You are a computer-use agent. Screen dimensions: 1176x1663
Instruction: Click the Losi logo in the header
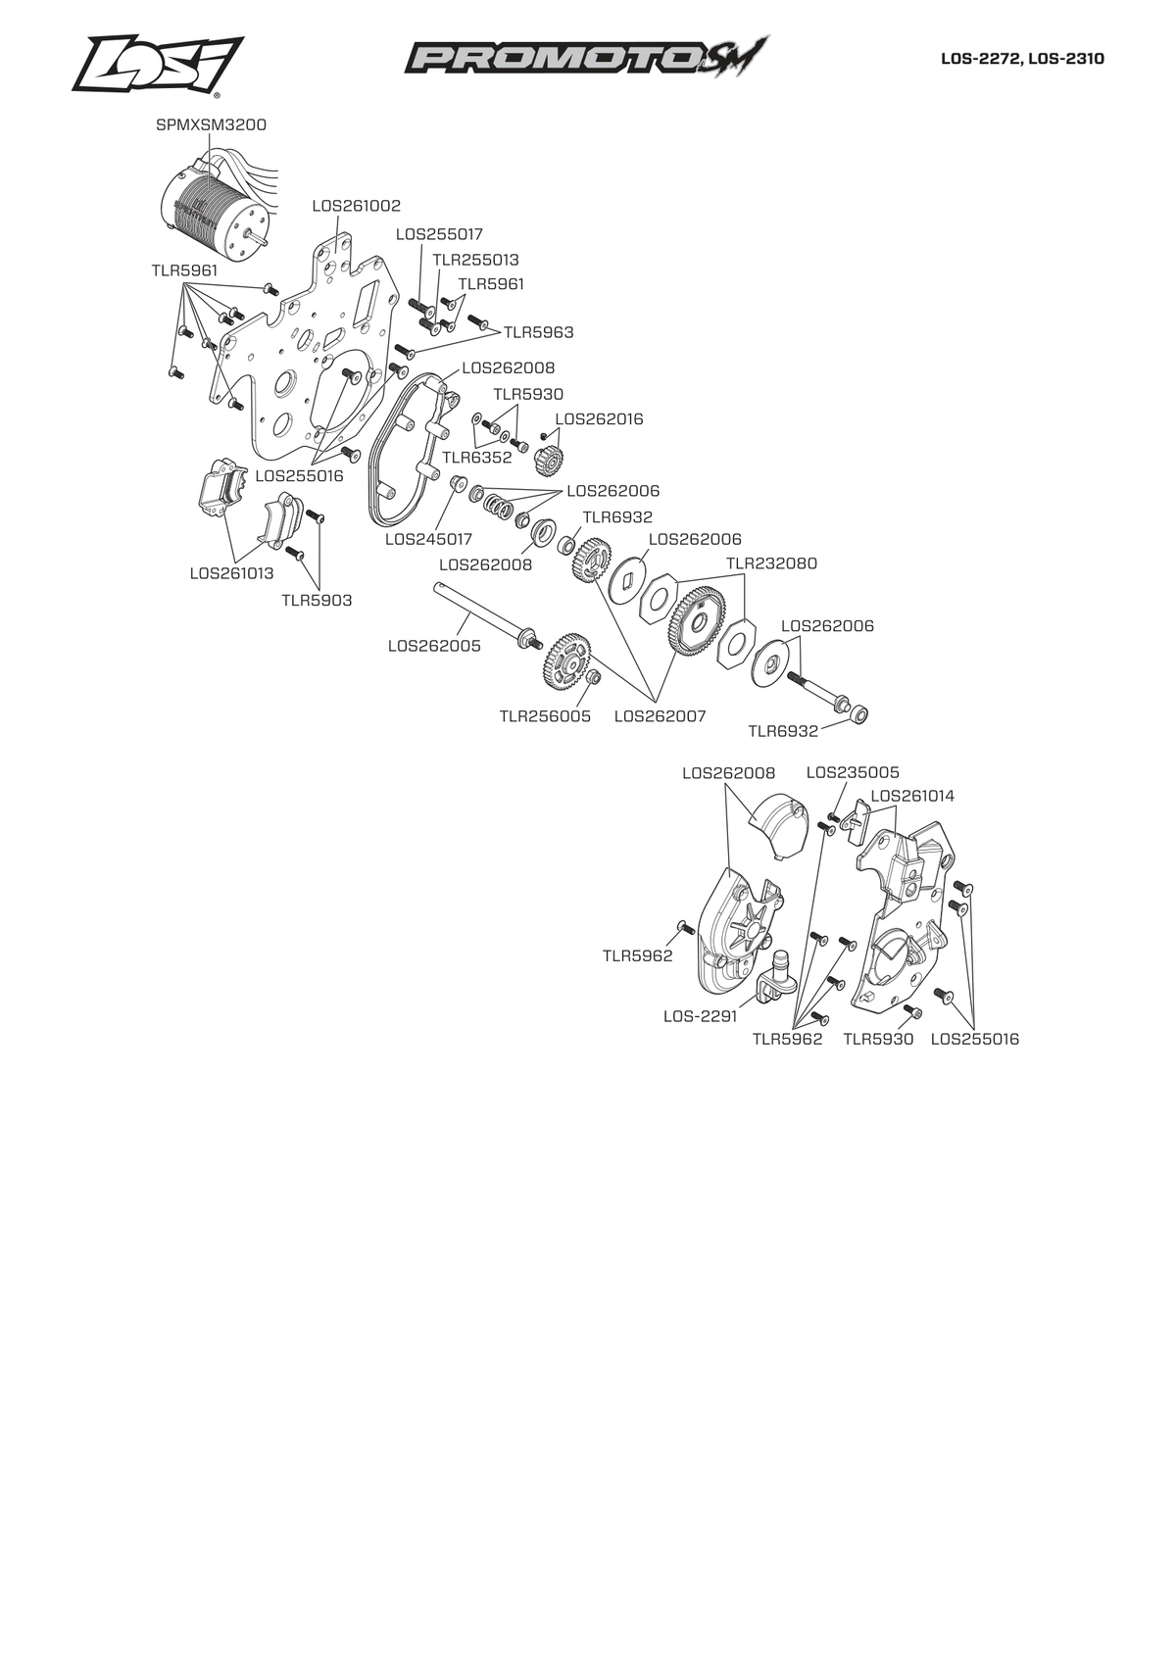(158, 65)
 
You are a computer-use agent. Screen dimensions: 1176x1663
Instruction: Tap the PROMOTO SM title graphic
(586, 57)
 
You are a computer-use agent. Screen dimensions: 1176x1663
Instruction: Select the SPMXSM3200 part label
(211, 124)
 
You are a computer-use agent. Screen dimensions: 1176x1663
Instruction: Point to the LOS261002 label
(357, 206)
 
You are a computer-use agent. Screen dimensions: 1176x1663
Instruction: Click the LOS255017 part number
(439, 234)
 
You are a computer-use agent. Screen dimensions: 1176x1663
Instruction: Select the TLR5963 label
(539, 332)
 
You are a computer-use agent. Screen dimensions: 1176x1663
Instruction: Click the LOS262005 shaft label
(434, 646)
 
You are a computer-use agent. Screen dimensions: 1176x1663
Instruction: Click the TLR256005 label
(545, 716)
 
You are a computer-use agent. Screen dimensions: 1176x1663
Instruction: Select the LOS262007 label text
(660, 716)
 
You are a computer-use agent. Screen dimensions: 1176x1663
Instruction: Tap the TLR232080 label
(772, 563)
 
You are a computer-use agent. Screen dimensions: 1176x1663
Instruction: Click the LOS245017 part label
(428, 539)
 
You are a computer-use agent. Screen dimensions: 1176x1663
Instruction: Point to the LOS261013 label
(231, 573)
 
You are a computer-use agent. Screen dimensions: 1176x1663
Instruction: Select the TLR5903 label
(317, 601)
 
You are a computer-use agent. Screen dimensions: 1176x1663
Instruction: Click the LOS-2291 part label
(701, 1016)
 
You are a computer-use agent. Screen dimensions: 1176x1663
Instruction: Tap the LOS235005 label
(853, 773)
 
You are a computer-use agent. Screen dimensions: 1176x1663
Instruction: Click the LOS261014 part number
(912, 796)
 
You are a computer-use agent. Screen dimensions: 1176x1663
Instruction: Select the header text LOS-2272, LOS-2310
(1022, 59)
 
